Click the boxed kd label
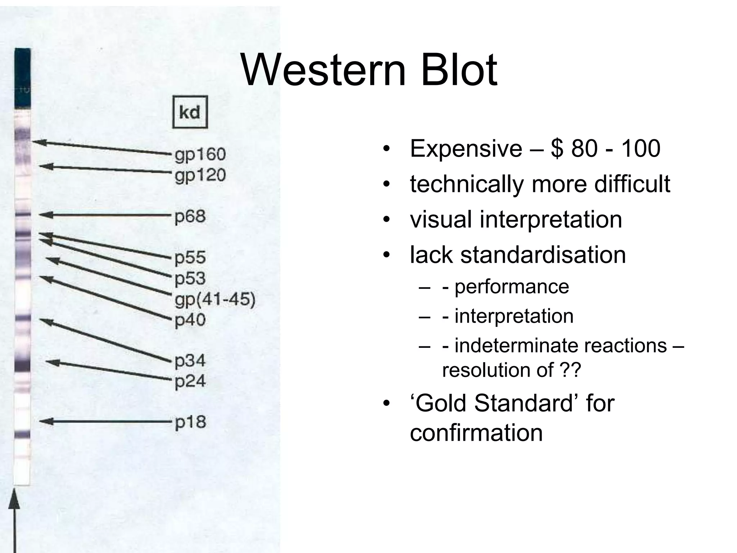[x=190, y=112]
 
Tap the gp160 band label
[x=200, y=155]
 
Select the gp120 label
[x=200, y=176]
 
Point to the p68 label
[x=190, y=217]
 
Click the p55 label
[x=190, y=258]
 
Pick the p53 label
[x=190, y=278]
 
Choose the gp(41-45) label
[x=215, y=299]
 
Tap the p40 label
[x=190, y=320]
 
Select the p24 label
[x=190, y=381]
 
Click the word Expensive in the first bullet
[x=466, y=149]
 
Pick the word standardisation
[x=543, y=255]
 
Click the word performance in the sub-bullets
[x=511, y=287]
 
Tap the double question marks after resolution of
[x=570, y=370]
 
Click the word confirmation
[x=476, y=432]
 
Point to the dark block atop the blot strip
[x=22, y=77]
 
